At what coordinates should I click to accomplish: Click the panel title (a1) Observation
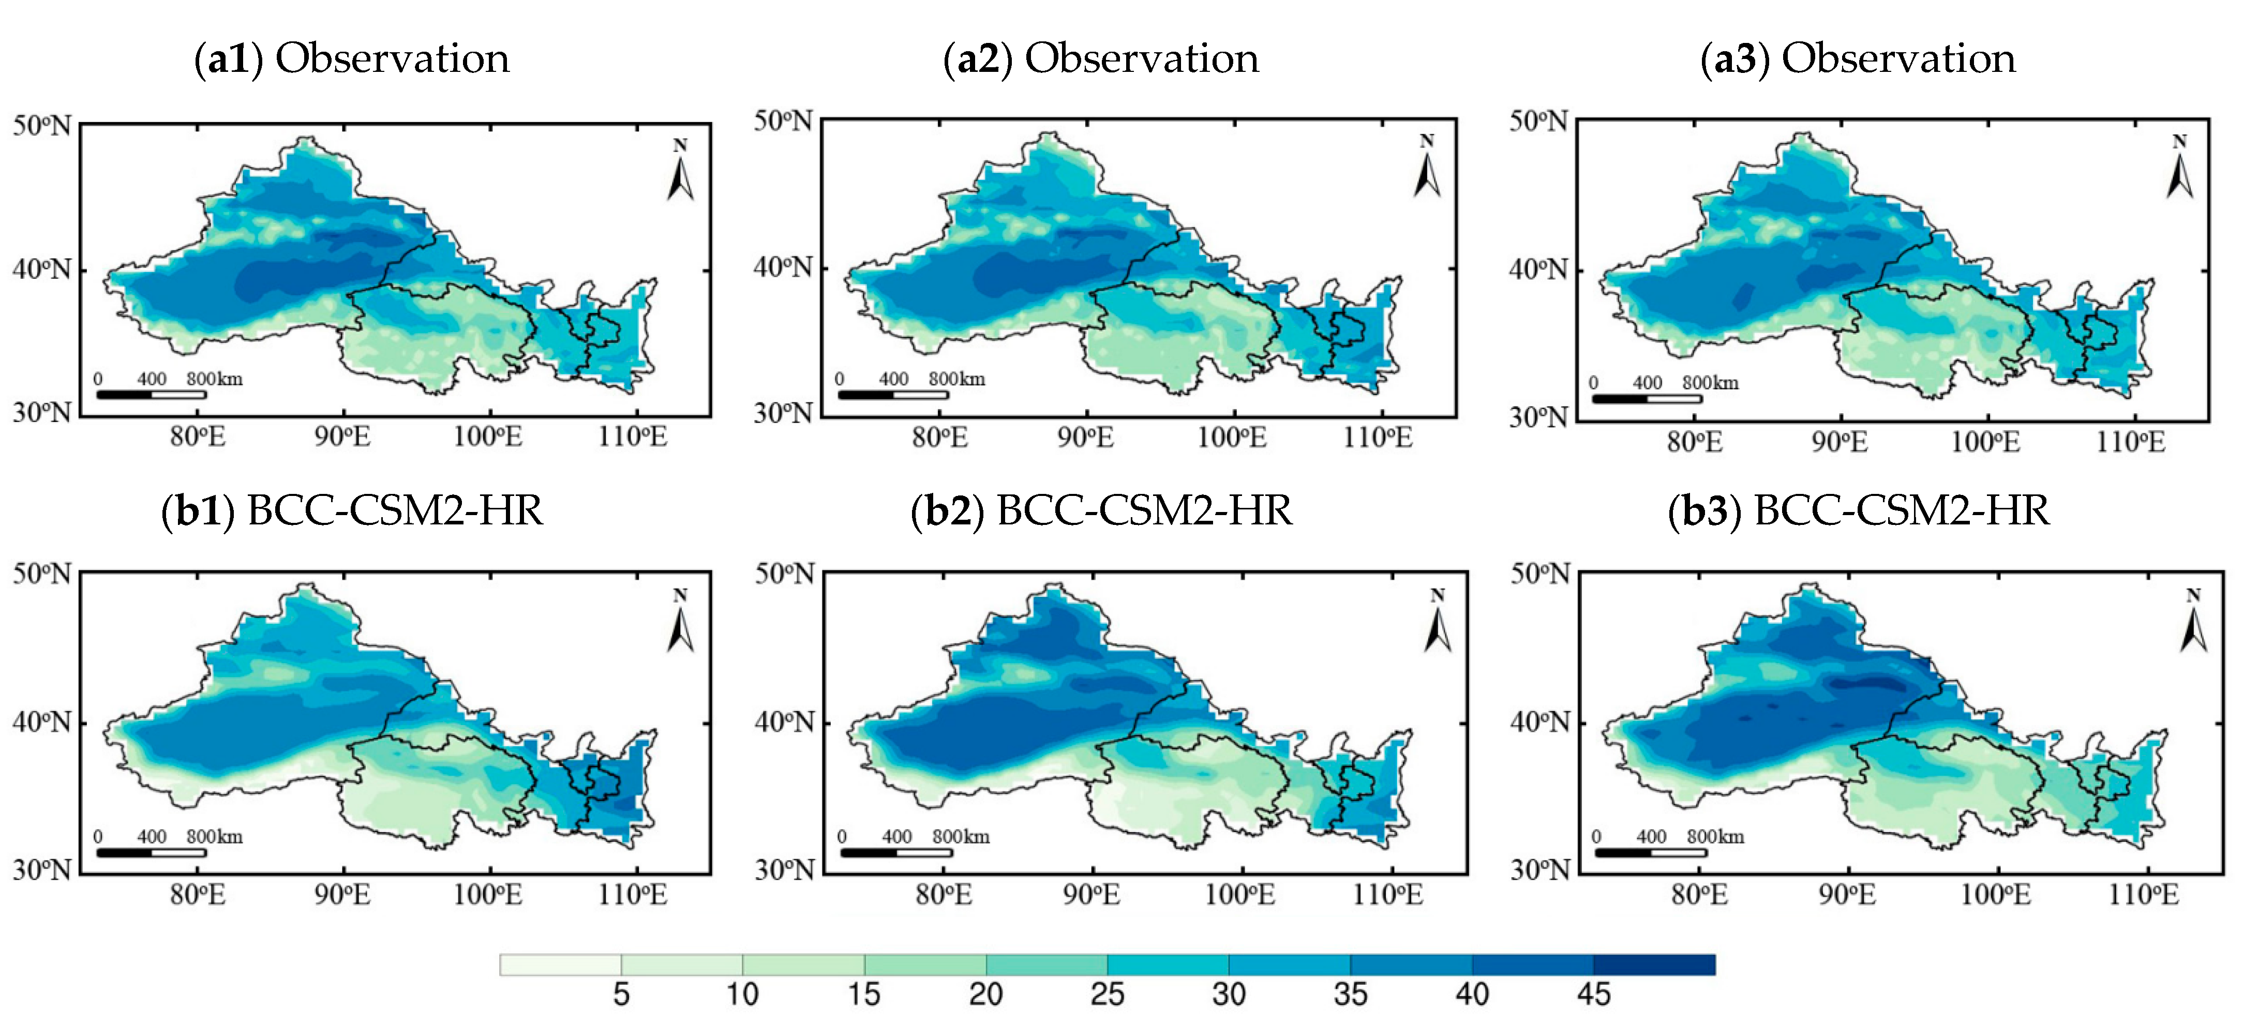(352, 59)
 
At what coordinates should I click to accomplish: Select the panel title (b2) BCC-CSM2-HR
(1101, 511)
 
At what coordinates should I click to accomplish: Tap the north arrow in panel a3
(2179, 168)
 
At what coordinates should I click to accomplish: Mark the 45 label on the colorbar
(1593, 995)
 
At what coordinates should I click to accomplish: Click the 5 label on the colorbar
(621, 995)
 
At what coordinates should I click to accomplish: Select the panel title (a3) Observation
(1858, 59)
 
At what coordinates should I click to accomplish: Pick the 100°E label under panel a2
(1232, 436)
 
